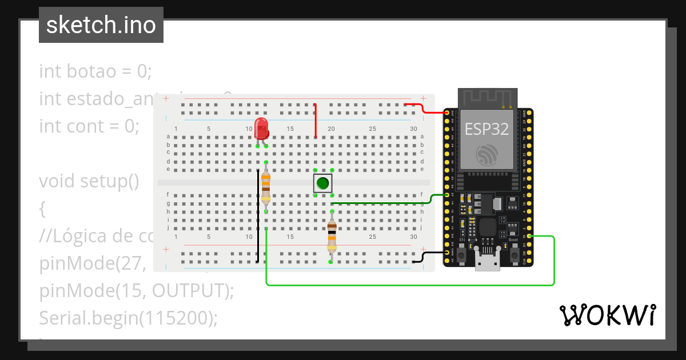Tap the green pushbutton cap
[323, 183]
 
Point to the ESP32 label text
[486, 129]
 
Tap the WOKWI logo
[607, 315]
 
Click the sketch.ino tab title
[101, 25]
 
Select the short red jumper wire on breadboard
[316, 121]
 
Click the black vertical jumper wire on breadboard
[257, 217]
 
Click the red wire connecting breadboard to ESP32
[426, 109]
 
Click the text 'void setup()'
[89, 181]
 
